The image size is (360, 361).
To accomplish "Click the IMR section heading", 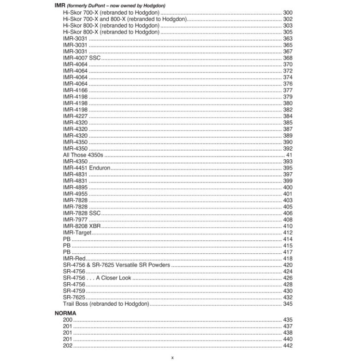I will coord(59,5).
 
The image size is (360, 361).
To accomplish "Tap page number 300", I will coord(288,12).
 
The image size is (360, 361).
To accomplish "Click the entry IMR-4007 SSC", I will coord(82,58).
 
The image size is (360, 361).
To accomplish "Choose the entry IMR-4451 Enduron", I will coord(87,168).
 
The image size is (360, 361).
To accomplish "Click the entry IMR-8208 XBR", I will coord(82,226).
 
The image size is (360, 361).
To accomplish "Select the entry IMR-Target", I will coord(77,233).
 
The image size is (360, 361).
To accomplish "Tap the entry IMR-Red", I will coord(75,258).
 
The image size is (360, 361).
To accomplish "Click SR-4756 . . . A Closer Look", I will coord(97,278).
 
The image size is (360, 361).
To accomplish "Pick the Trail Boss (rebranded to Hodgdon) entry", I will coord(106,304).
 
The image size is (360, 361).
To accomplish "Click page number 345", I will coord(288,304).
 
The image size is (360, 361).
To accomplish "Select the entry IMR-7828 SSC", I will coord(82,213).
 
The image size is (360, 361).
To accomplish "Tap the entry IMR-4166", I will coord(75,90).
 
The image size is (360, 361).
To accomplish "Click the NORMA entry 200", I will coord(68,320).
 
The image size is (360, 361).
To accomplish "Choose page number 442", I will coord(288,345).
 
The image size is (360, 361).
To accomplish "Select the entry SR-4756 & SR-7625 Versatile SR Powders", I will coord(116,265).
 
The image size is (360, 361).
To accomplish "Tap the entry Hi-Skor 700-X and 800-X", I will coord(124,19).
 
